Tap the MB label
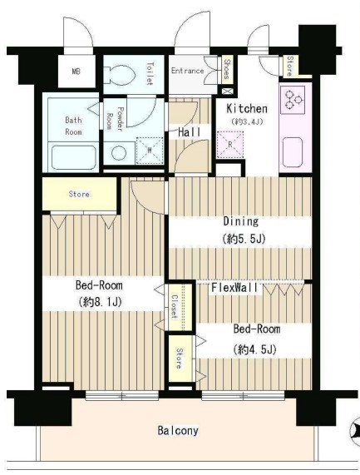tap(76, 72)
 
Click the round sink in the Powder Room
tap(119, 153)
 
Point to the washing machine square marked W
tap(150, 151)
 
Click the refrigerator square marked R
tap(230, 145)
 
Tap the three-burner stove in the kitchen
tap(293, 100)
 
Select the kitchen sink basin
tap(293, 152)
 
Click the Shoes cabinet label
tap(227, 69)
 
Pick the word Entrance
tap(187, 71)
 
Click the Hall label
tap(189, 132)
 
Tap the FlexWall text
tap(234, 288)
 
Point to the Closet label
tap(174, 306)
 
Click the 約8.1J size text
tap(100, 302)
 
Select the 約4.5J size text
tap(254, 349)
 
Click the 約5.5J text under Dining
tap(244, 239)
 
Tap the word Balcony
tap(178, 430)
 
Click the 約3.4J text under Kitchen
tap(247, 121)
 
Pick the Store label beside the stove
tap(290, 66)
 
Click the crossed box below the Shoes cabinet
tap(227, 92)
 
